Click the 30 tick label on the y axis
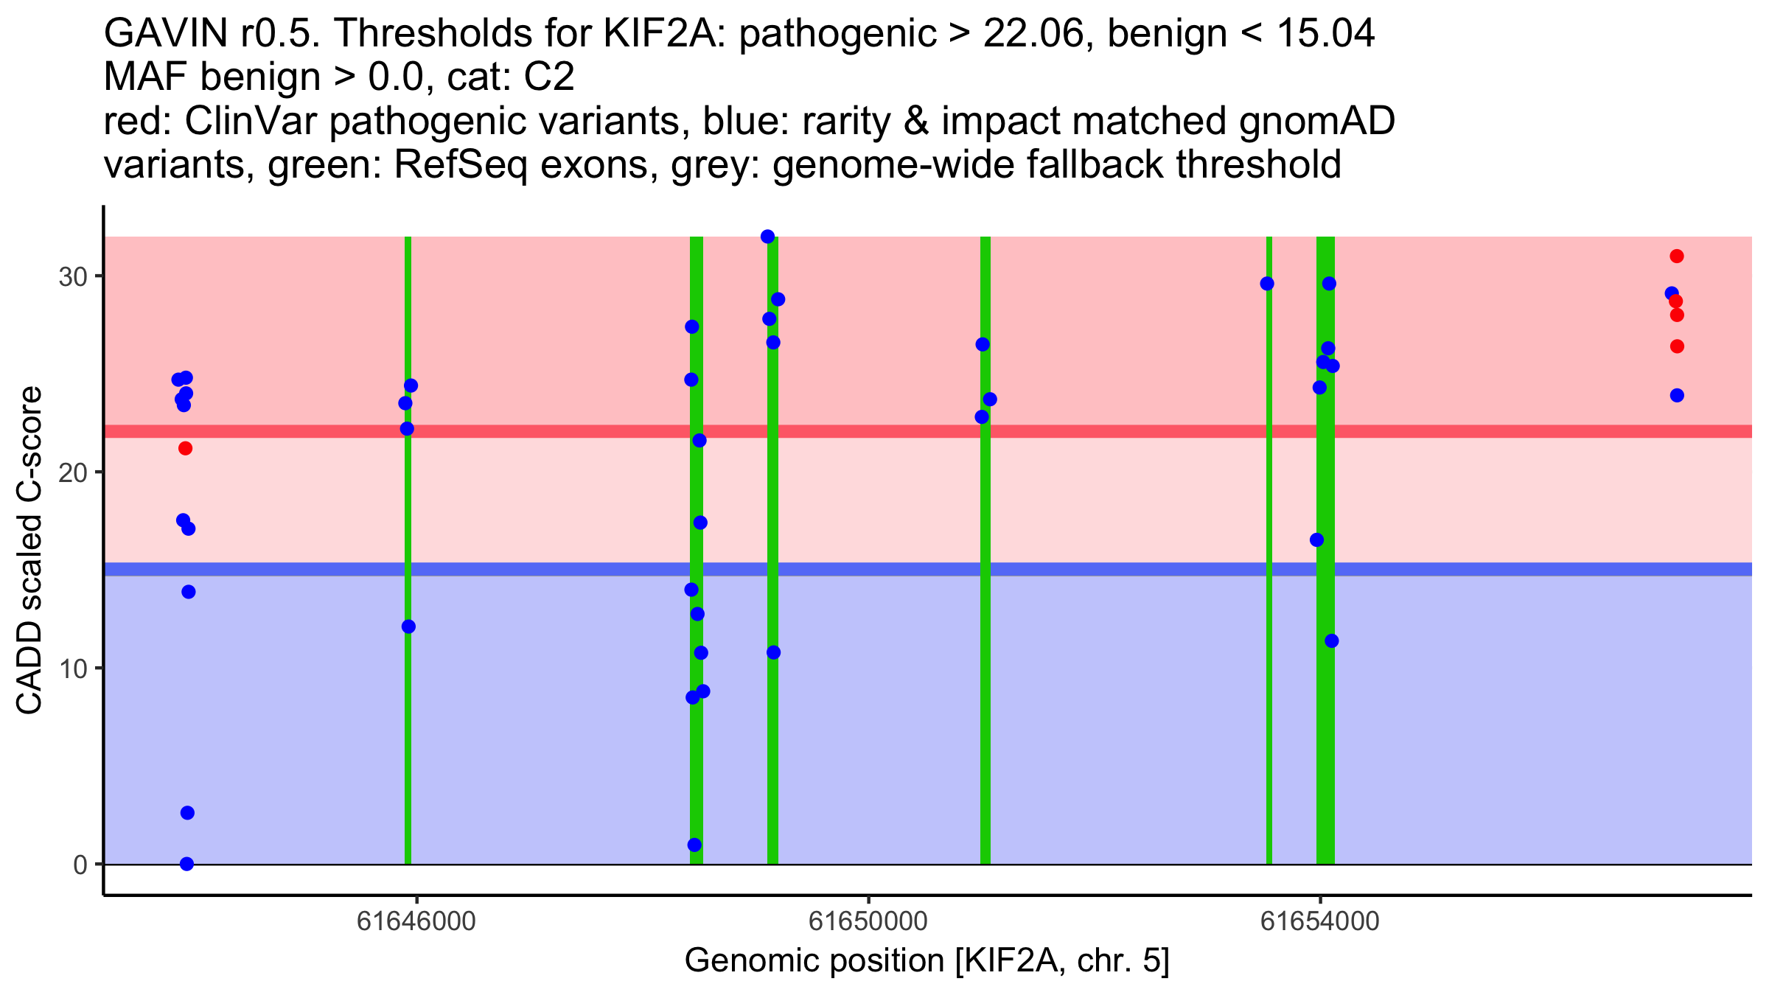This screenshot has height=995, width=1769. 71,277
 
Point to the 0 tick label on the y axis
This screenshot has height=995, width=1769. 80,865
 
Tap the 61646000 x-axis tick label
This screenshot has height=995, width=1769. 416,921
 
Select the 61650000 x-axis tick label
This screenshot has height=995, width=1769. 868,921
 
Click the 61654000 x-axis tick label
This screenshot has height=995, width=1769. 1319,921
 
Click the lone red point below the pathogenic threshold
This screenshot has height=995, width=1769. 186,448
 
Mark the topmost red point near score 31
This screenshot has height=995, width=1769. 1677,256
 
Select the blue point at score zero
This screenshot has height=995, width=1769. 187,864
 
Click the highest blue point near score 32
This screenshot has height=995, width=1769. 767,237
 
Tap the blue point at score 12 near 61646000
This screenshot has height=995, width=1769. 408,626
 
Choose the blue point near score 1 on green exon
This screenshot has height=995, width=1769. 694,845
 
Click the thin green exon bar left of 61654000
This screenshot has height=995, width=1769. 1269,590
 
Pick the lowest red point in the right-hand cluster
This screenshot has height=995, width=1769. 1677,346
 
